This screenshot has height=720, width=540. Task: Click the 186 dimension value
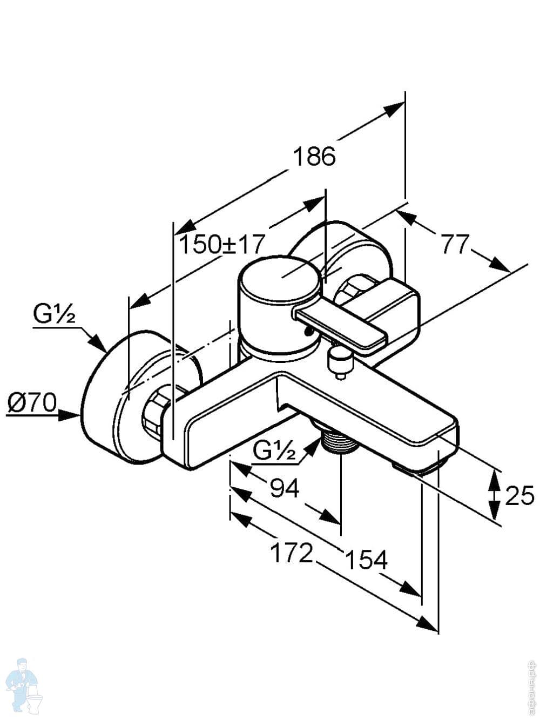[314, 157]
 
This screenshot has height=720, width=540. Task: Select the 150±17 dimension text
[222, 245]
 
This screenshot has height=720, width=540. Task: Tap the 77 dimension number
[455, 245]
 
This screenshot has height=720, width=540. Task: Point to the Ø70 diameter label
[32, 402]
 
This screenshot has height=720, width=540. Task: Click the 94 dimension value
[284, 489]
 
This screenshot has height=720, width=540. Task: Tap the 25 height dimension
[519, 495]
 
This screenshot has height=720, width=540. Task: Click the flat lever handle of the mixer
[340, 327]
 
